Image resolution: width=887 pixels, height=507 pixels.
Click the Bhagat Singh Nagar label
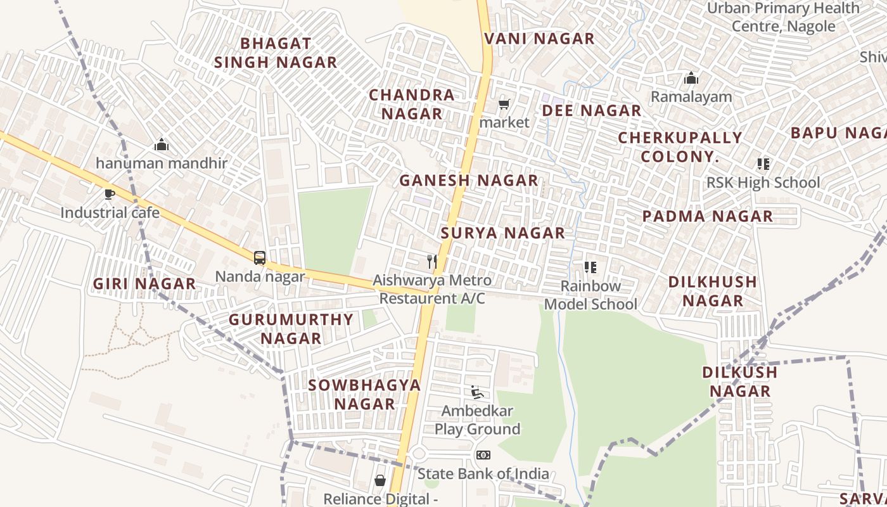pyautogui.click(x=276, y=53)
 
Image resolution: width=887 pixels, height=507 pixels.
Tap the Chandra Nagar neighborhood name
pyautogui.click(x=412, y=104)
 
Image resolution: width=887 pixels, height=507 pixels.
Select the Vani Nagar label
pyautogui.click(x=539, y=39)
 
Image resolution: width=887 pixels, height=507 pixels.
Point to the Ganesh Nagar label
pyautogui.click(x=468, y=180)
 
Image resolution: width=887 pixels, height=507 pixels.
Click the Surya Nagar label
pyautogui.click(x=502, y=233)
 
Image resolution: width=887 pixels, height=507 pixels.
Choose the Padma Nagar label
pyautogui.click(x=708, y=216)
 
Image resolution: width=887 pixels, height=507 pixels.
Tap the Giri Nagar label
pyautogui.click(x=144, y=283)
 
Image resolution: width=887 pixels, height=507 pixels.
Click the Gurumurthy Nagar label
pyautogui.click(x=291, y=328)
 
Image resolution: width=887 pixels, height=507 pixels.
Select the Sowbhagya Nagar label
pyautogui.click(x=364, y=394)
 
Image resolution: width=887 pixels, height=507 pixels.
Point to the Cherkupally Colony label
pyautogui.click(x=680, y=146)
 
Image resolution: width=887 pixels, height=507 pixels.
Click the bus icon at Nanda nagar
pyautogui.click(x=260, y=258)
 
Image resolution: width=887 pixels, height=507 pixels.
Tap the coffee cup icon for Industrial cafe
pyautogui.click(x=110, y=194)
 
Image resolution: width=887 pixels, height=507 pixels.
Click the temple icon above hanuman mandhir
pyautogui.click(x=162, y=144)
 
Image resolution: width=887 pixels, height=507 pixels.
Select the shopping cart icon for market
pyautogui.click(x=504, y=104)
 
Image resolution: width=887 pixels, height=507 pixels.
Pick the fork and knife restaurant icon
pyautogui.click(x=432, y=261)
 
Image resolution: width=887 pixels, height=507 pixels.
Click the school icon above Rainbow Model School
pyautogui.click(x=590, y=267)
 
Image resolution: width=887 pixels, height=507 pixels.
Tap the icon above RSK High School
pyautogui.click(x=763, y=164)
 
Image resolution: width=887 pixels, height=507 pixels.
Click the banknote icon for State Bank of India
pyautogui.click(x=483, y=455)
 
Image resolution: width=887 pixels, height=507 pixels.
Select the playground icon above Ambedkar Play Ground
pyautogui.click(x=477, y=392)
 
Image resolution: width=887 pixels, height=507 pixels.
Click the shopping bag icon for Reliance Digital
pyautogui.click(x=380, y=480)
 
